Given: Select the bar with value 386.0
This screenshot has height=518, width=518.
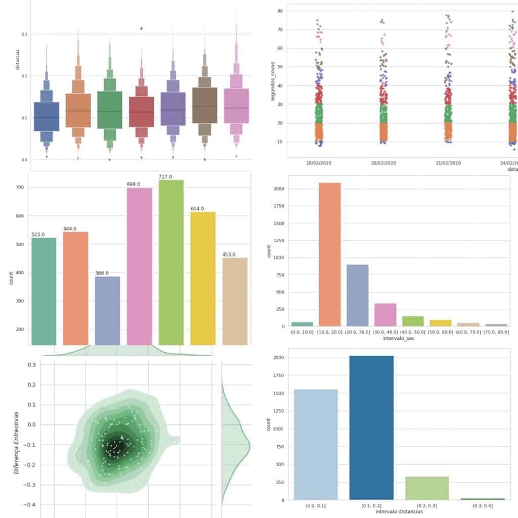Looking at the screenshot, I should click(108, 311).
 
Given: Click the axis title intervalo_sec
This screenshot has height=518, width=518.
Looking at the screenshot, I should click(399, 338).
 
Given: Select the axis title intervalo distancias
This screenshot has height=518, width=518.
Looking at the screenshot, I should click(399, 512).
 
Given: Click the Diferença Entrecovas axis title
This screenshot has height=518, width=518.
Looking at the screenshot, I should click(17, 435).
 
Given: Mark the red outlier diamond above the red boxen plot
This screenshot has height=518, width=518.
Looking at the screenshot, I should click(141, 28).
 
